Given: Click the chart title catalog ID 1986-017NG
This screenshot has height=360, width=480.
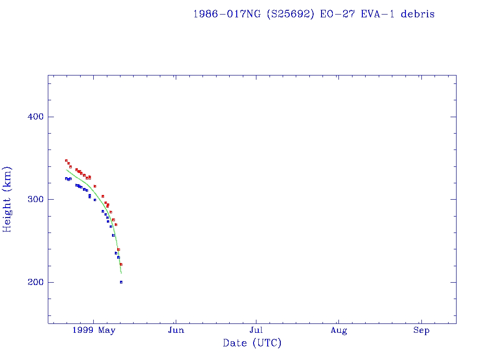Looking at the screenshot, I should point(227,14).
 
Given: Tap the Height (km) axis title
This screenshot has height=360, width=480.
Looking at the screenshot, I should point(7,199).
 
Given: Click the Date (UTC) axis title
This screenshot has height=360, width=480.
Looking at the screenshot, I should point(252,343).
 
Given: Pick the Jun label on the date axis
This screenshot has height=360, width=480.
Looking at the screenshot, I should point(176,330).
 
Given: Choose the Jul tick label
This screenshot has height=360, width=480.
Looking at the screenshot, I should point(256,330).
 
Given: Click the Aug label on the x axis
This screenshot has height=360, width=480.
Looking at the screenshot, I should point(338,330).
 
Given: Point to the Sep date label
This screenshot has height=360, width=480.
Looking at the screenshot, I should point(421,330).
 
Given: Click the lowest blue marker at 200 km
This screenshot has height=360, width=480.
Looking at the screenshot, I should point(121,282).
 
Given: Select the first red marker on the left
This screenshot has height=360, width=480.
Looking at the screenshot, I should point(66,160).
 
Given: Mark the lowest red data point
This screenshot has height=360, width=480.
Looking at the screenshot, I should point(121,264).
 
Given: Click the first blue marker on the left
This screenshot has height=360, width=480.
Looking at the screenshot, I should point(66,179).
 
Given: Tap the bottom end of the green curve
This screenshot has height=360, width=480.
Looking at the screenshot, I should point(121,273).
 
